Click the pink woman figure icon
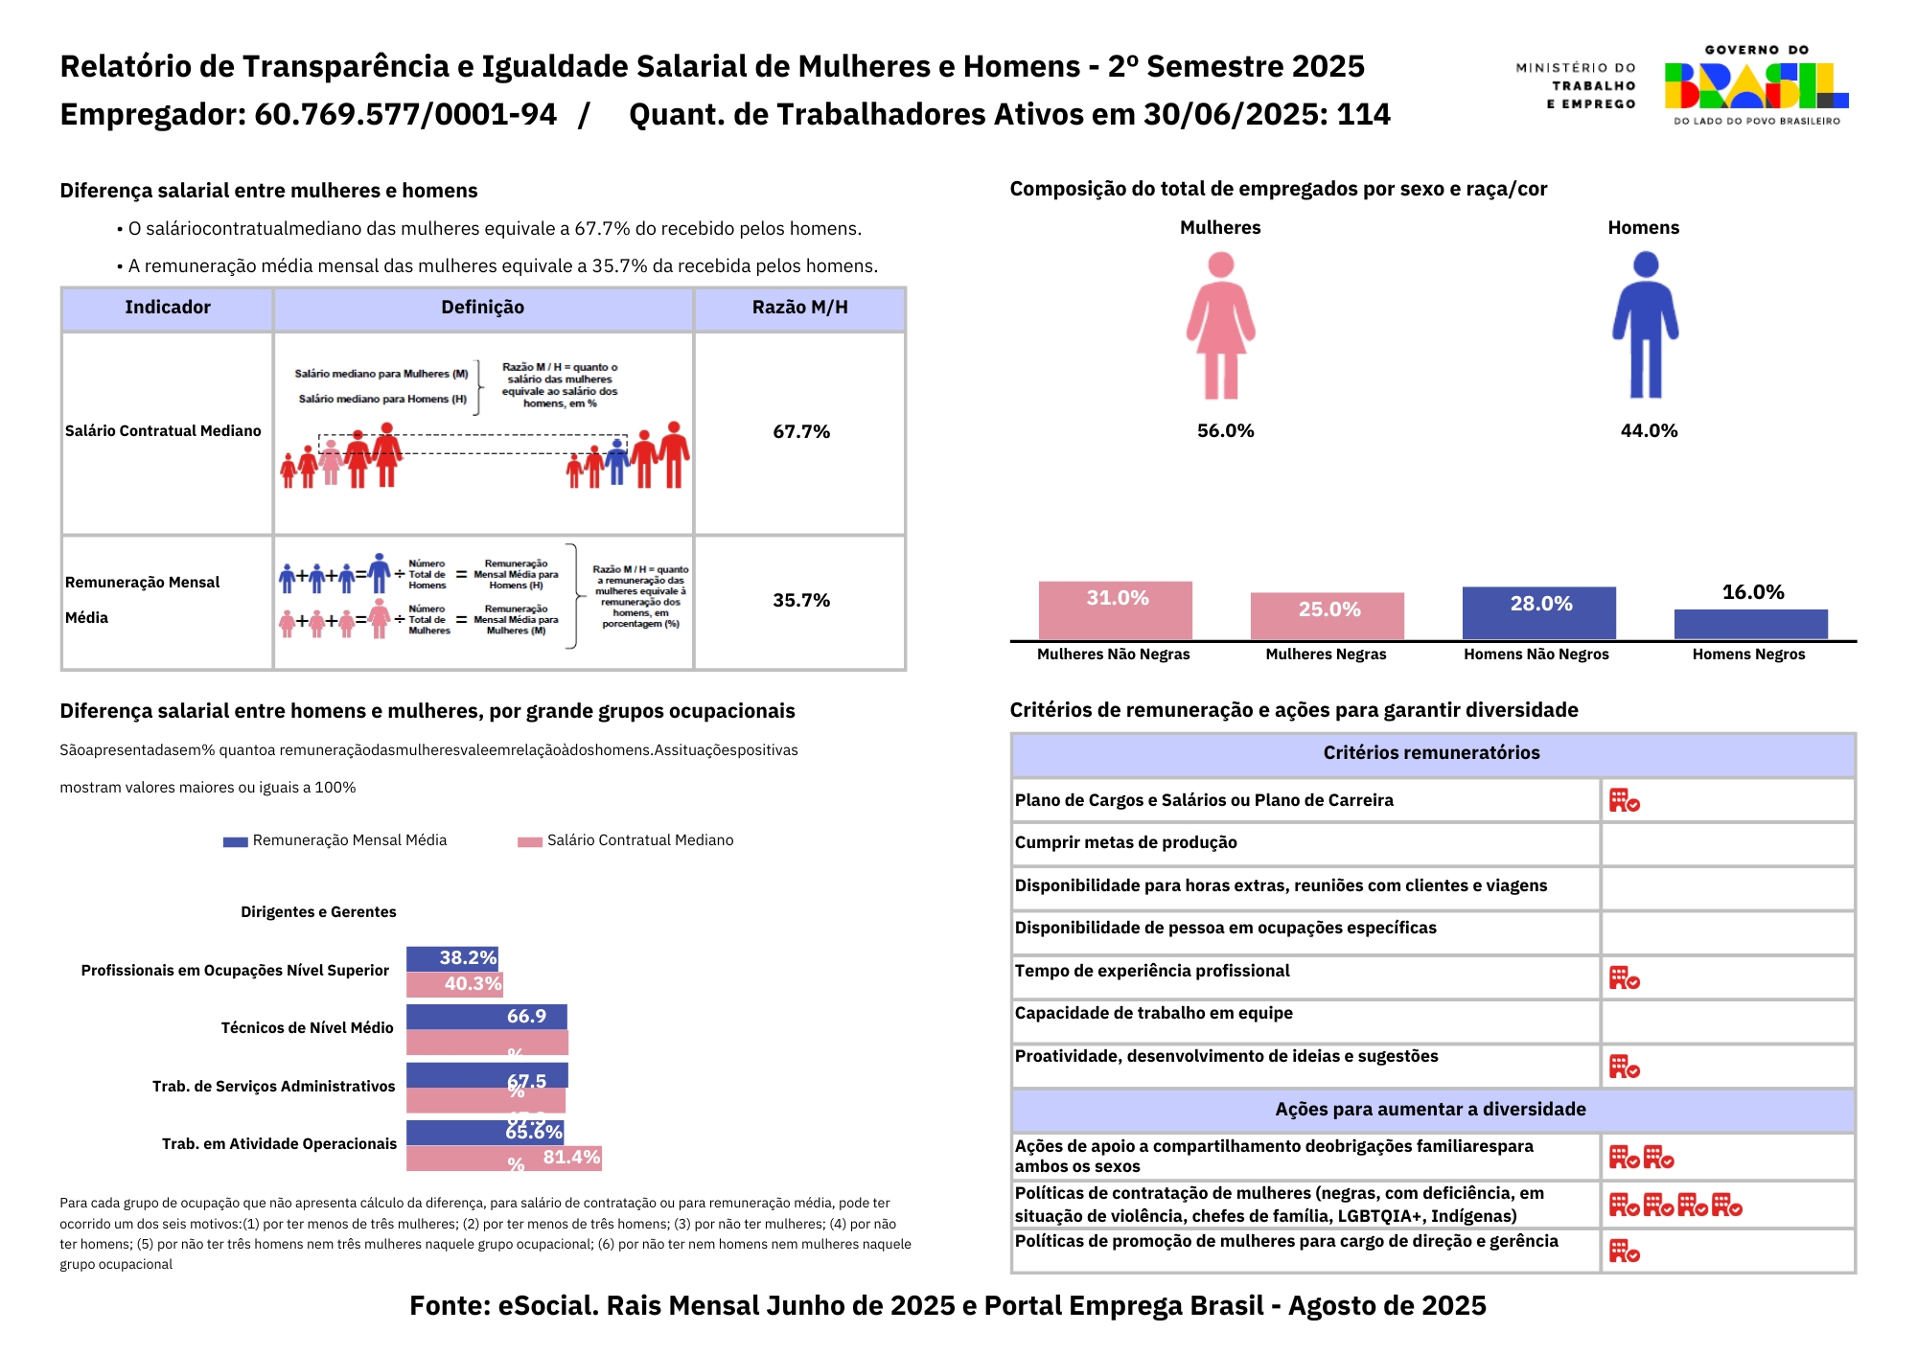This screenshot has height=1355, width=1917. pyautogui.click(x=1220, y=326)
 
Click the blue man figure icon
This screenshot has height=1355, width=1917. pyautogui.click(x=1645, y=326)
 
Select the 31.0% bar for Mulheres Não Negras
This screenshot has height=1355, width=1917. pyautogui.click(x=1116, y=609)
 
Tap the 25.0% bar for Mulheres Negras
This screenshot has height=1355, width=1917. pyautogui.click(x=1328, y=615)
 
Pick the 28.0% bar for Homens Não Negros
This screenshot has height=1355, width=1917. pyautogui.click(x=1539, y=612)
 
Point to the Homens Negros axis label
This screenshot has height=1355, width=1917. pyautogui.click(x=1748, y=655)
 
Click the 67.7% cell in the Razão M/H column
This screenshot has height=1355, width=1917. pyautogui.click(x=801, y=432)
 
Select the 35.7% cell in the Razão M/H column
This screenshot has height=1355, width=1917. pyautogui.click(x=801, y=601)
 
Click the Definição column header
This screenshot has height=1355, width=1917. pyautogui.click(x=483, y=308)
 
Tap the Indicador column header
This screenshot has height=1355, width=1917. pyautogui.click(x=168, y=308)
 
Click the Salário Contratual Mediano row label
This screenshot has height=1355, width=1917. pyautogui.click(x=163, y=431)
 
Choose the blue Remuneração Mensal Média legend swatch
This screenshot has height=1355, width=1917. pyautogui.click(x=235, y=841)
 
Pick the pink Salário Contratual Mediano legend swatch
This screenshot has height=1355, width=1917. pyautogui.click(x=530, y=841)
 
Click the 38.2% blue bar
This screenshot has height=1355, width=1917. pyautogui.click(x=452, y=958)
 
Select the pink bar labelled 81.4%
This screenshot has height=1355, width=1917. pyautogui.click(x=504, y=1159)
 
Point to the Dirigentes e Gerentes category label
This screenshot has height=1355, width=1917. pyautogui.click(x=318, y=912)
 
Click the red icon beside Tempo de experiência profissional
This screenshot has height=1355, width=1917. pyautogui.click(x=1624, y=978)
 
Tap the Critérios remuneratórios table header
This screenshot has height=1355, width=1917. pyautogui.click(x=1432, y=753)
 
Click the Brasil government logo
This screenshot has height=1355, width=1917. pyautogui.click(x=1756, y=86)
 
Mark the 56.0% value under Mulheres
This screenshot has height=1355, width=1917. pyautogui.click(x=1225, y=431)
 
